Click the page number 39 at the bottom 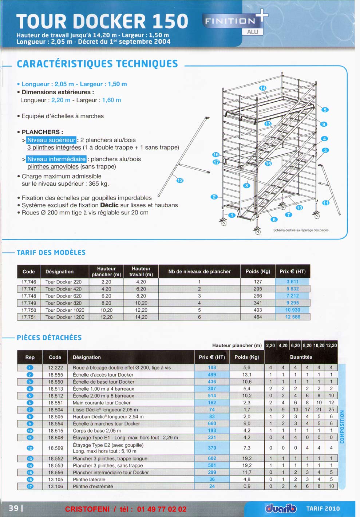[14, 508]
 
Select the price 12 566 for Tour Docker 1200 [293, 317]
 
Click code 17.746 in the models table [29, 282]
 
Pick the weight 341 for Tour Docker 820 [258, 303]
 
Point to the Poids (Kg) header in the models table [258, 272]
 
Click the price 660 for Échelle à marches [212, 424]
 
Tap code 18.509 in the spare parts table [55, 448]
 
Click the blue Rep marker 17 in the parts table [30, 486]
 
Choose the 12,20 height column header [331, 346]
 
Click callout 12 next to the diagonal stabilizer [180, 180]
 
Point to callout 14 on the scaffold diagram [263, 88]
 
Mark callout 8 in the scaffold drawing [247, 185]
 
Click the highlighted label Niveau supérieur [51, 140]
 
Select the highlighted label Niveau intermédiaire [56, 159]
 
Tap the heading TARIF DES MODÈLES [51, 253]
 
